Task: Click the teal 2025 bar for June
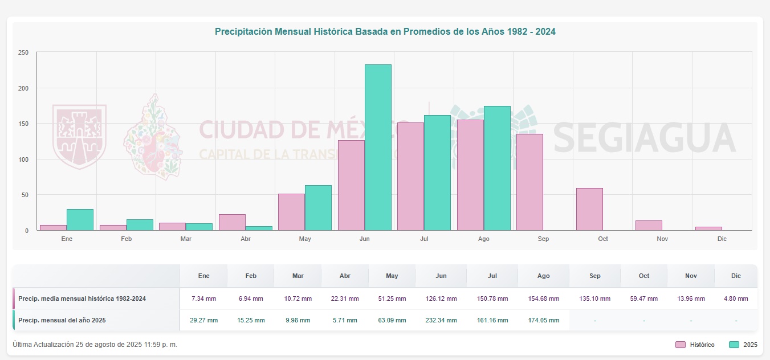point(378,148)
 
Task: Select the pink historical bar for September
point(529,182)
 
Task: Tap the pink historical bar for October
point(589,209)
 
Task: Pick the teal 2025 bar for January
point(80,220)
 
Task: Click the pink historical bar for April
point(232,222)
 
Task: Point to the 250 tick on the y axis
point(23,52)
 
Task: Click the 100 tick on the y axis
point(23,159)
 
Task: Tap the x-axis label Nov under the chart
point(662,239)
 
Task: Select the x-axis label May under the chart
point(305,239)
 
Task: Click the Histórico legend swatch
point(681,345)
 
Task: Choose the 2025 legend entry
point(742,345)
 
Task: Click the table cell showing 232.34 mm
point(441,320)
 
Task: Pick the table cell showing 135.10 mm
point(594,298)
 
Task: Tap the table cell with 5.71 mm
point(345,320)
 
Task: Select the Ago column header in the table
point(543,276)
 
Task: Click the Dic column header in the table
point(736,276)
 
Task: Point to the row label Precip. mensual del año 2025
point(62,320)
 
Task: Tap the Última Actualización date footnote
point(95,345)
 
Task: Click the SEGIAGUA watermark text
point(644,138)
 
